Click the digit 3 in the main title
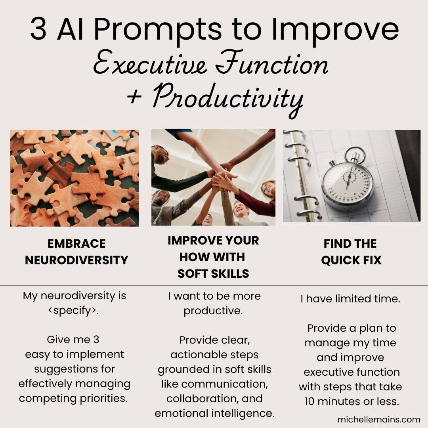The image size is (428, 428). click(38, 29)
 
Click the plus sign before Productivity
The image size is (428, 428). click(134, 97)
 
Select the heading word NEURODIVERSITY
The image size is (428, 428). click(76, 260)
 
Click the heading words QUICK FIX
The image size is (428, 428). click(351, 260)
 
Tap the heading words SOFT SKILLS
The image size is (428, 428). click(213, 273)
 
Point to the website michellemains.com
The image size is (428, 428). click(378, 419)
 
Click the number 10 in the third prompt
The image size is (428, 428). click(310, 401)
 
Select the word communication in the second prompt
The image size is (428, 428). click(224, 384)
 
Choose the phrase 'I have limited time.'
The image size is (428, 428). click(350, 299)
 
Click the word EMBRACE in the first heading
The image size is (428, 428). click(76, 243)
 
